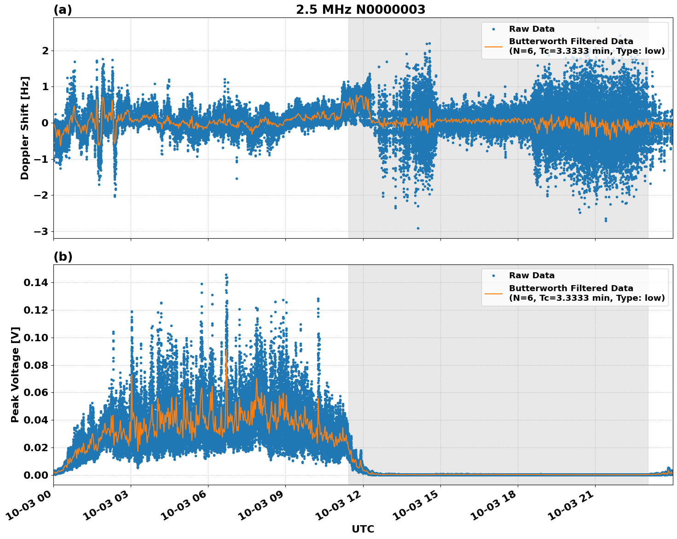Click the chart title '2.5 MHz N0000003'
pos(360,10)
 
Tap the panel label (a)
pos(63,10)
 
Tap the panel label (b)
pos(63,257)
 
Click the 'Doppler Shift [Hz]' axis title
pos(25,128)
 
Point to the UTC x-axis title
pos(363,529)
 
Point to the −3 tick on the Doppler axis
pos(41,231)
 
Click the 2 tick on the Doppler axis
pos(45,51)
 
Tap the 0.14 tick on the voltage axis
pos(36,282)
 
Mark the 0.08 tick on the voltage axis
pos(36,365)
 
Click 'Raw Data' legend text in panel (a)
pos(532,29)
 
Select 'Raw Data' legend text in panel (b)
pos(532,275)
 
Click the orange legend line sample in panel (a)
pos(493,46)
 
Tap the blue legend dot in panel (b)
pos(493,275)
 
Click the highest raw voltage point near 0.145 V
pos(226,275)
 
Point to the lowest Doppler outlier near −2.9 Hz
pos(418,228)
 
